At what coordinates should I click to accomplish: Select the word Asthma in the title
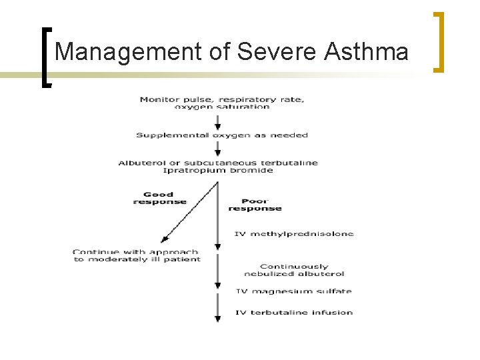(366, 51)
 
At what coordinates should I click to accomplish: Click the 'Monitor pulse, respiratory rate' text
(222, 99)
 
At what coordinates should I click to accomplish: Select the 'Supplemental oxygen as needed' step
(222, 135)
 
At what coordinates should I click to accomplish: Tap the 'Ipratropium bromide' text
(218, 171)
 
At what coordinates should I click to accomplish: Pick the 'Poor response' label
(255, 204)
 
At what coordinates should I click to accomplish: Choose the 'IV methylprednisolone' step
(294, 234)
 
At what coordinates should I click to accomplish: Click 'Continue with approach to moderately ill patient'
(137, 255)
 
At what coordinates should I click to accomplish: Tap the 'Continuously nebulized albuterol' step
(293, 270)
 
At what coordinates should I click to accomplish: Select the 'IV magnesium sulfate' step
(294, 291)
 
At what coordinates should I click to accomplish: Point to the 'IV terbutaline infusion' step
(294, 313)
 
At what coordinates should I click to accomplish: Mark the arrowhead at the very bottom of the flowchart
(217, 319)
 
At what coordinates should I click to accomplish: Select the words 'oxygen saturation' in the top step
(223, 107)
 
